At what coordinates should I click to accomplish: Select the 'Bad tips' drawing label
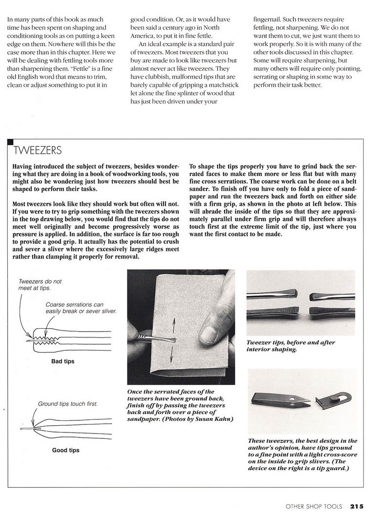[x=62, y=362]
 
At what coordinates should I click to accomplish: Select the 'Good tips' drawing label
[x=65, y=450]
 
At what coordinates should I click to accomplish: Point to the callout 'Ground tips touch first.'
[x=68, y=404]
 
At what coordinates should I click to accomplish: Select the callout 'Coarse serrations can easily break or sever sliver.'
[x=81, y=308]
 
